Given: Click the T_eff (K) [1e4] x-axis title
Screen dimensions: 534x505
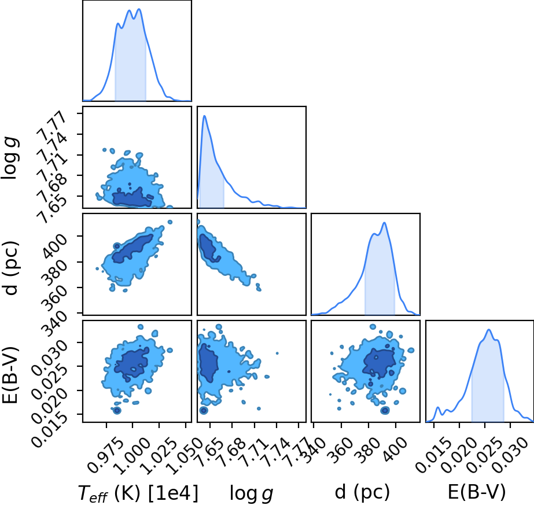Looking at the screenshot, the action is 138,493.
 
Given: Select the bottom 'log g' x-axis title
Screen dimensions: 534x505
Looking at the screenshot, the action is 251,493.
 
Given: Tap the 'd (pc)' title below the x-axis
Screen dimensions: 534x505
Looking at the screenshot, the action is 362,492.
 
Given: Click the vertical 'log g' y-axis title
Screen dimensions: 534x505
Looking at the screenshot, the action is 10,158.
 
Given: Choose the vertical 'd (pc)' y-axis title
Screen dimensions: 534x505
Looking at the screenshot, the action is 10,268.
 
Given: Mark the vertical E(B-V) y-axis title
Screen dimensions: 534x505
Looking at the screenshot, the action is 10,375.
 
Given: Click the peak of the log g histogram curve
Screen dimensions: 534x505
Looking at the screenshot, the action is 204,116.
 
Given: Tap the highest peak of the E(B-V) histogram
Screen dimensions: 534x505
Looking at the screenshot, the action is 489,330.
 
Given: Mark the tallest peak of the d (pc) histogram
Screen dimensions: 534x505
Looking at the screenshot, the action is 385,223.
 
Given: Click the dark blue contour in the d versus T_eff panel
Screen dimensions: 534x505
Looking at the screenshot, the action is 133,249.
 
